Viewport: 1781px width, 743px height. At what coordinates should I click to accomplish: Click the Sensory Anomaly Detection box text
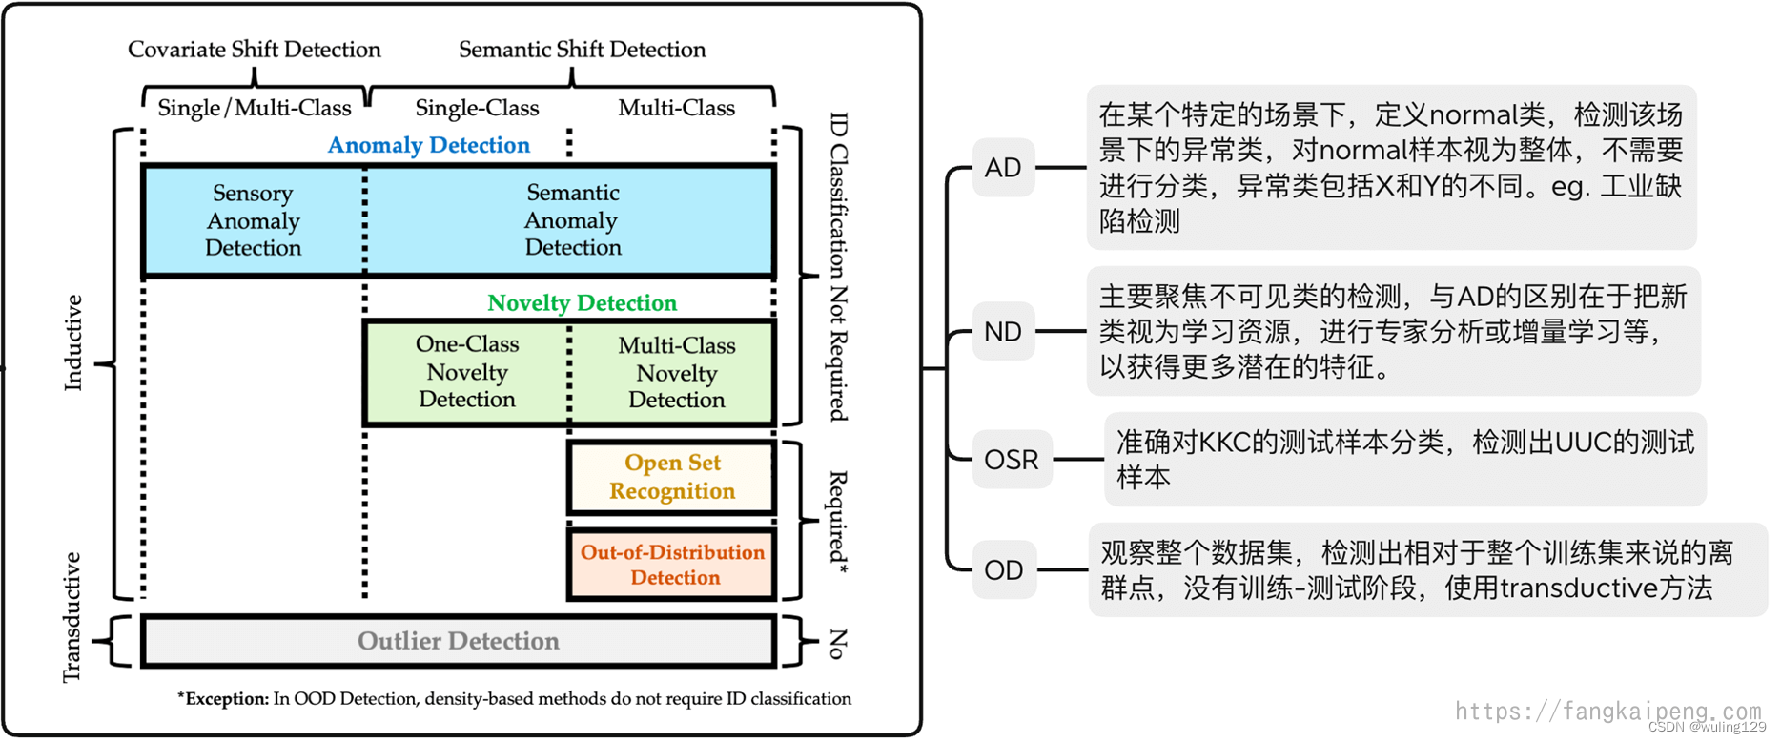point(253,220)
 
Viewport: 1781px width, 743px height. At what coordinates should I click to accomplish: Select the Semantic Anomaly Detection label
point(572,220)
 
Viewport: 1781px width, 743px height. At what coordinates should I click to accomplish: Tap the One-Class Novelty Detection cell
point(467,372)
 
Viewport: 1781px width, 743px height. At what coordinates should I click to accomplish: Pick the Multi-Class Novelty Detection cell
point(676,373)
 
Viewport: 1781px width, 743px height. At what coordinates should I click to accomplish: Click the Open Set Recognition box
point(672,477)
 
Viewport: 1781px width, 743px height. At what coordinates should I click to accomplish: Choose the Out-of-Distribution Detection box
point(673,565)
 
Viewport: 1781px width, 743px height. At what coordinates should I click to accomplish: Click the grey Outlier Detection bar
point(458,641)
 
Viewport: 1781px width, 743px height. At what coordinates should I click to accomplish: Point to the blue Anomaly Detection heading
point(428,145)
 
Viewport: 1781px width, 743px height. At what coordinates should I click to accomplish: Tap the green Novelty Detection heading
point(582,303)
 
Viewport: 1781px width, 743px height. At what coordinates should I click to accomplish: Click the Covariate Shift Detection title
point(254,50)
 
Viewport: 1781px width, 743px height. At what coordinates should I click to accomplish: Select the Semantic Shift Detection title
point(582,50)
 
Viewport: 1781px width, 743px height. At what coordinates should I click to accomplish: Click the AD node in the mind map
point(1003,168)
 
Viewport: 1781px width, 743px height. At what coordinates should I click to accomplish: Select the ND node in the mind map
point(1003,332)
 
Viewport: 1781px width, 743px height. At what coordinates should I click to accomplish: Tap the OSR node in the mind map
point(1011,460)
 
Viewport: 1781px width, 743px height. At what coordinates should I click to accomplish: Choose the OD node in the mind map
point(1004,570)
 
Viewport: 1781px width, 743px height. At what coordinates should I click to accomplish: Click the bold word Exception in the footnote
point(227,699)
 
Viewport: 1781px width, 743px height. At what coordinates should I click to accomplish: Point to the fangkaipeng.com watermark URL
point(1607,711)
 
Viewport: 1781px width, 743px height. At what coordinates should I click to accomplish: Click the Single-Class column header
point(477,108)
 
